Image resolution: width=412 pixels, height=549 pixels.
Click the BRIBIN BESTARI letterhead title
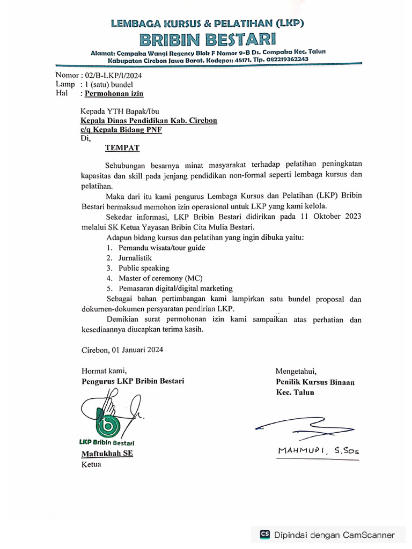pyautogui.click(x=207, y=39)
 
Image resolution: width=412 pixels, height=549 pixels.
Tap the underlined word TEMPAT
pyautogui.click(x=122, y=147)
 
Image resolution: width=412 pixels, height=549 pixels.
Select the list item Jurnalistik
pyautogui.click(x=135, y=258)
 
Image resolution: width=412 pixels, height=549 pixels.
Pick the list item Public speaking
pyautogui.click(x=144, y=268)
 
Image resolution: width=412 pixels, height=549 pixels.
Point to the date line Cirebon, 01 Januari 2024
pyautogui.click(x=122, y=350)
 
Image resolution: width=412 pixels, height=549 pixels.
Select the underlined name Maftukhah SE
pyautogui.click(x=107, y=454)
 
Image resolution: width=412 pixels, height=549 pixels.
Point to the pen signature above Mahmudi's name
pyautogui.click(x=306, y=426)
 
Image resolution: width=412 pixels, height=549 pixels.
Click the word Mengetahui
pyautogui.click(x=296, y=371)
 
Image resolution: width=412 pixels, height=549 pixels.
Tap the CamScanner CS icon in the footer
pyautogui.click(x=264, y=535)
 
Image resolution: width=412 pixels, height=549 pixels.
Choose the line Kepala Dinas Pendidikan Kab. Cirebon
pyautogui.click(x=149, y=121)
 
